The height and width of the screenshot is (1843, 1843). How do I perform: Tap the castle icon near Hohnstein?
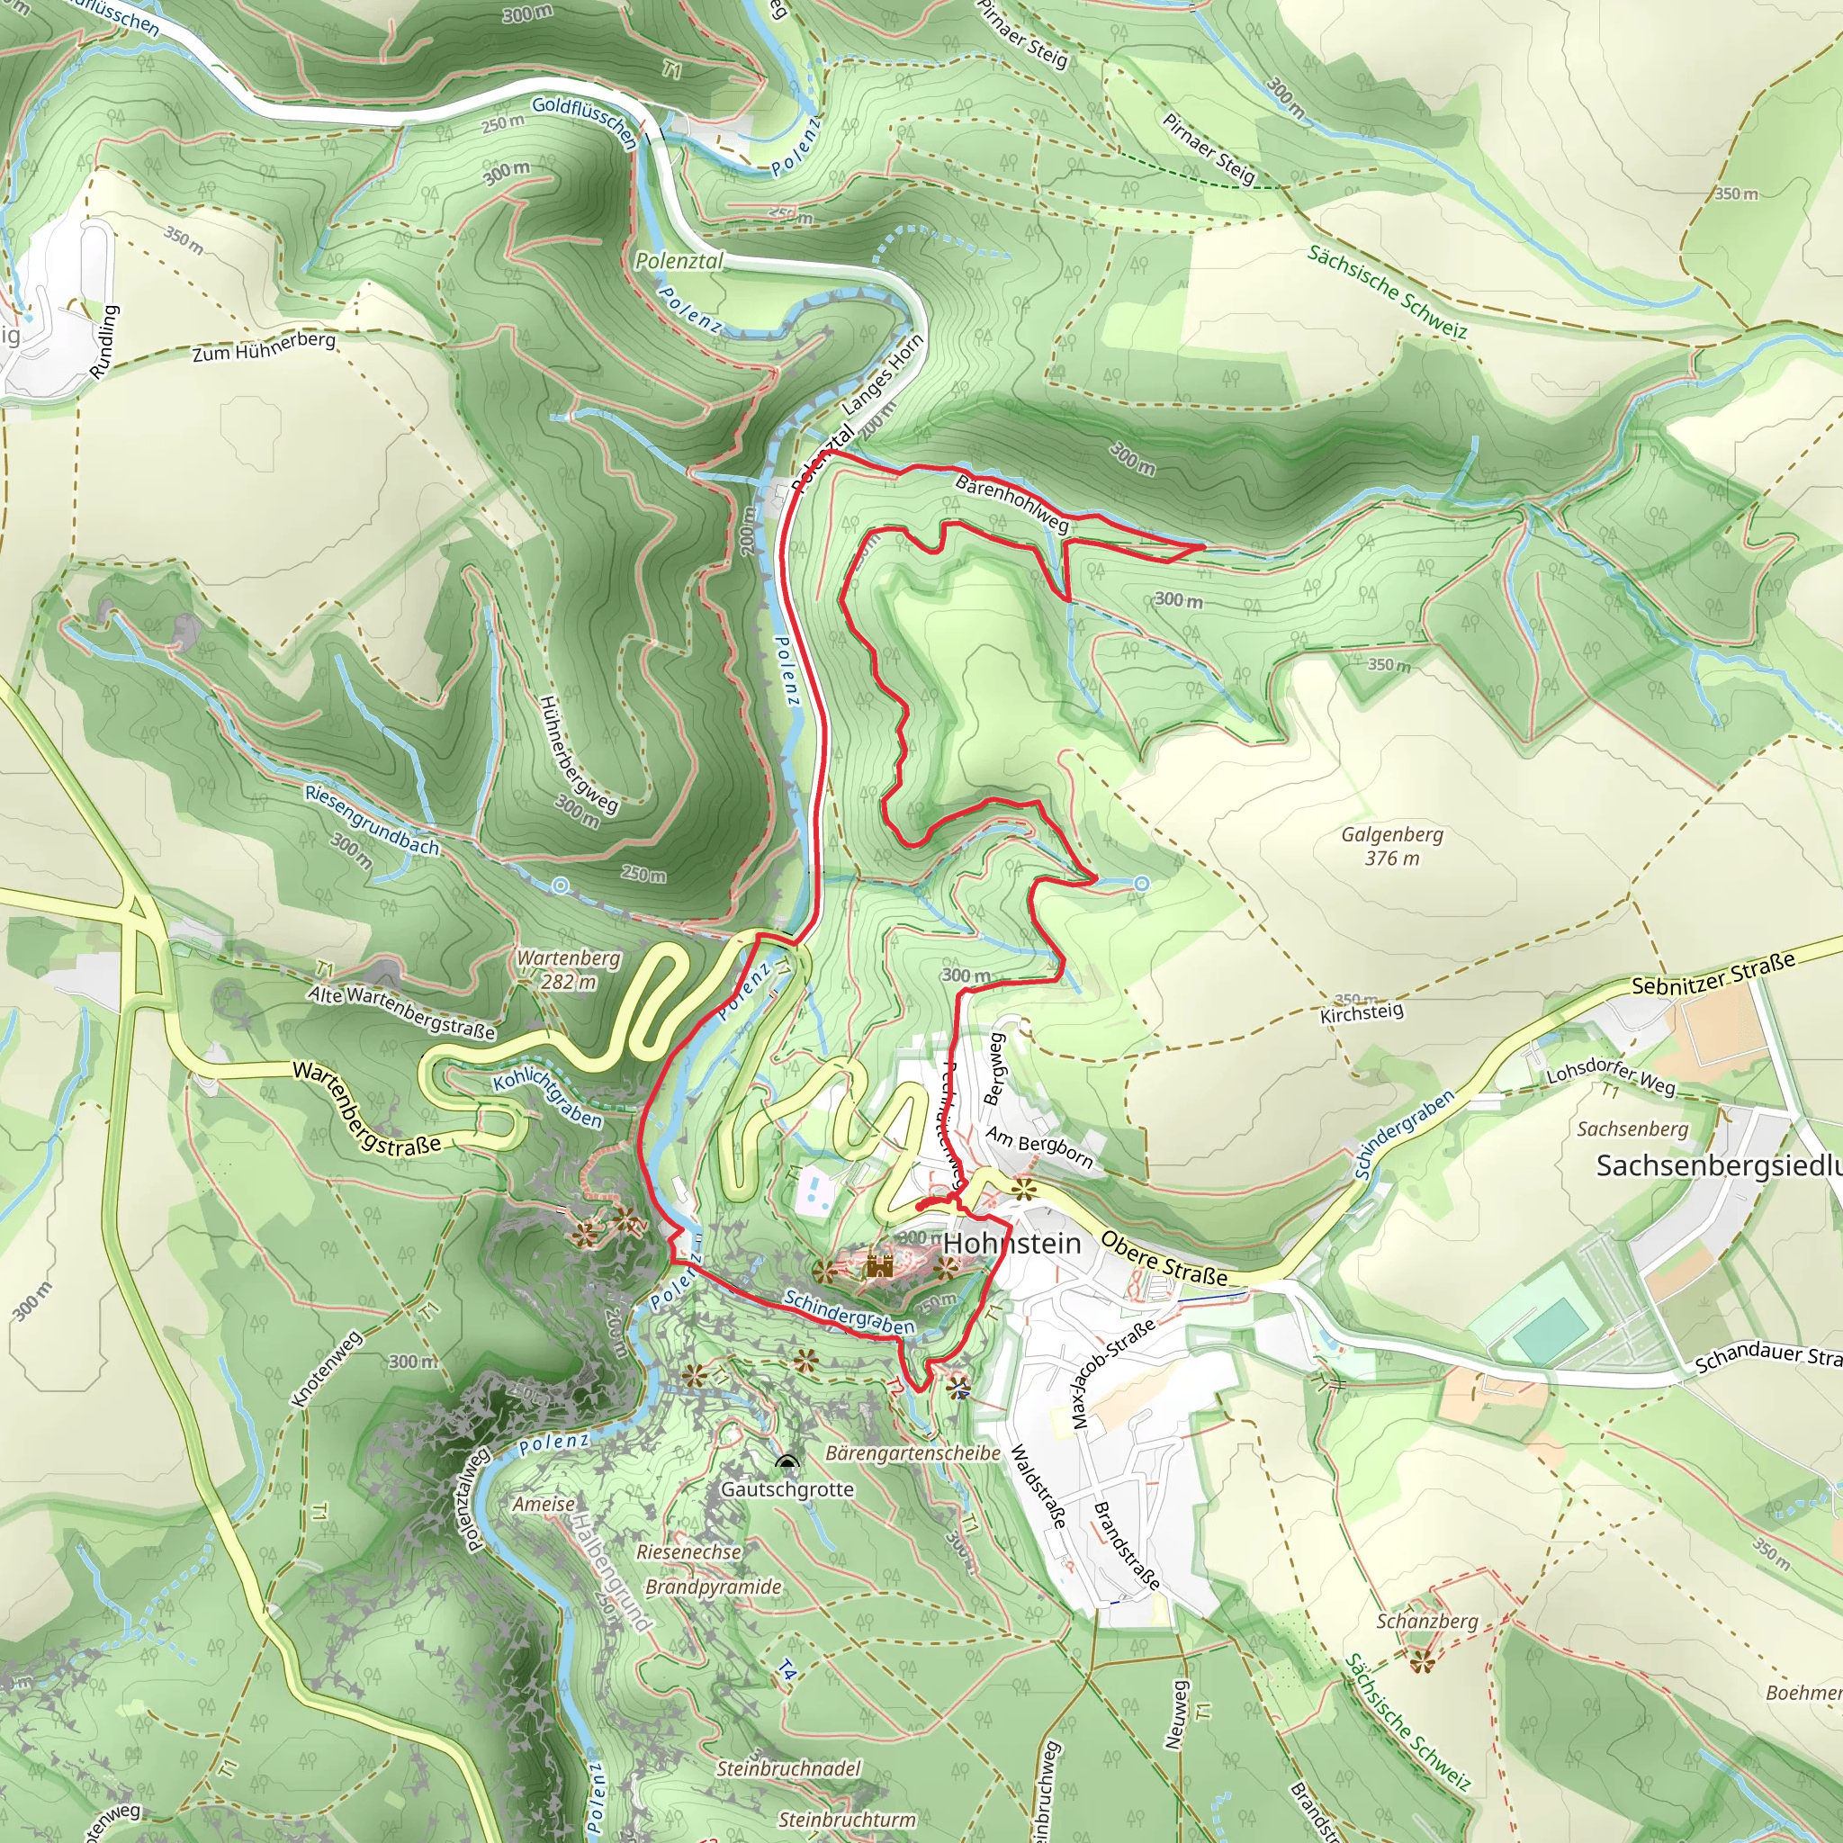(878, 1266)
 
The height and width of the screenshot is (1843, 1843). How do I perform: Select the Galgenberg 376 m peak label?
(1392, 846)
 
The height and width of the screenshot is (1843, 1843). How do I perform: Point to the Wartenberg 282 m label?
(569, 969)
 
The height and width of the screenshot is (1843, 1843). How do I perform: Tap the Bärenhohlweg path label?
(1012, 504)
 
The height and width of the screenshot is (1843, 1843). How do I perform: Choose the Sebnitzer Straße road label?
(1713, 974)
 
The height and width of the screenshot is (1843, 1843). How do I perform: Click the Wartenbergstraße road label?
(367, 1108)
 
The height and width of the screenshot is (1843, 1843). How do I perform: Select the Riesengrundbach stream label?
(372, 820)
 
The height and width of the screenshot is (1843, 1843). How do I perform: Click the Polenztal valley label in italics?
(679, 260)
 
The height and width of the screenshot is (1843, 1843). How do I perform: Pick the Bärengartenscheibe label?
(912, 1452)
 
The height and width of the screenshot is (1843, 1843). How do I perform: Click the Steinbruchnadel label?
(788, 1768)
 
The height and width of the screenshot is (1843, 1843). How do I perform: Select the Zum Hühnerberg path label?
(265, 346)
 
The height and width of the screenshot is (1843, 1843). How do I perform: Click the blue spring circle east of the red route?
(1141, 885)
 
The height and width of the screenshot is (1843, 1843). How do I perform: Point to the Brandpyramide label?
(713, 1587)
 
